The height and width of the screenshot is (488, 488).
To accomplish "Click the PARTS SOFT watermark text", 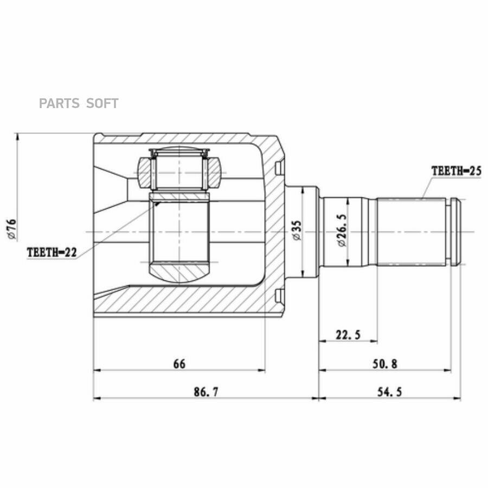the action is pos(79,104).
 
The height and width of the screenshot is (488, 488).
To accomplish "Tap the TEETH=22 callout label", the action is pos(52,252).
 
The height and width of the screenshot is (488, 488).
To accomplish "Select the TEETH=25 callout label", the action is pos(456,171).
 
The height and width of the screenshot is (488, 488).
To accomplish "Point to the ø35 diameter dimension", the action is pos(297,230).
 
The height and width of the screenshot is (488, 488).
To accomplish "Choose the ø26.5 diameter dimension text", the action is pos(342,230).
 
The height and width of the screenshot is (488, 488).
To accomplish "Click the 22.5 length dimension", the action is pos(348,335).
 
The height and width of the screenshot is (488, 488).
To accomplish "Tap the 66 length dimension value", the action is pos(179,363).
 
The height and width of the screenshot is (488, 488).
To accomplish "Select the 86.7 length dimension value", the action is pos(206,391).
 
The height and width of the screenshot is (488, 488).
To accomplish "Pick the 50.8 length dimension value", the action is pos(385,363).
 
